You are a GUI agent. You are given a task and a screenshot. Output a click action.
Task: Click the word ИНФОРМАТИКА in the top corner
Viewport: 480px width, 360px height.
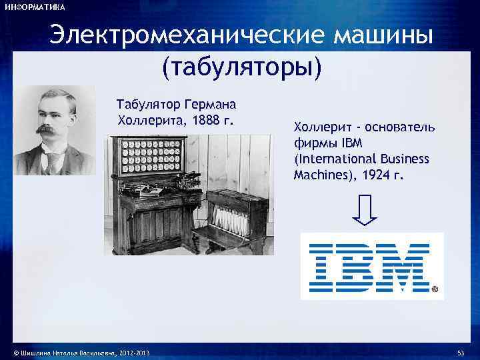click(x=34, y=7)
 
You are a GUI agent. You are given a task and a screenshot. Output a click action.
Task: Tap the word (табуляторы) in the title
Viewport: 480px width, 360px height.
click(x=241, y=67)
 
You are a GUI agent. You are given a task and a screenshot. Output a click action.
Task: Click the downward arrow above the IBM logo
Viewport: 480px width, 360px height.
click(x=364, y=212)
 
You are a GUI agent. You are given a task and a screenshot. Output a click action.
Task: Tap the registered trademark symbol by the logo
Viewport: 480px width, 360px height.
click(x=435, y=290)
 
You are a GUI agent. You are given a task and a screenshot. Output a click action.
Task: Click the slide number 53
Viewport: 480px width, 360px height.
click(x=460, y=351)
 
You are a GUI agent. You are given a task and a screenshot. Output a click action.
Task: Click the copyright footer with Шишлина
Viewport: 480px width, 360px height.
click(x=77, y=351)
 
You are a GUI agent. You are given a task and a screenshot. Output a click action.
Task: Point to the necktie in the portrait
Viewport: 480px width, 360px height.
click(x=51, y=161)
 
